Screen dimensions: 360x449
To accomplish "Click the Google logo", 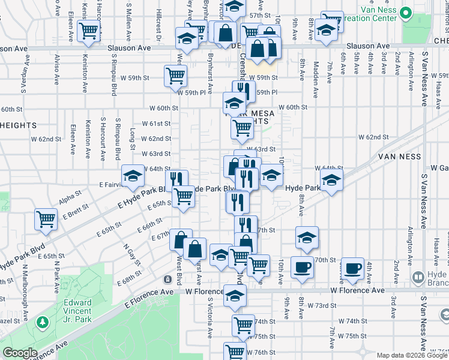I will (20, 353).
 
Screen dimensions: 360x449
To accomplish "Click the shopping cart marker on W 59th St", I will (175, 76).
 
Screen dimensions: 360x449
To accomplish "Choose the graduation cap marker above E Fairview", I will (133, 176).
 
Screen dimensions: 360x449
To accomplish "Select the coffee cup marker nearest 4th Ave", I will (352, 268).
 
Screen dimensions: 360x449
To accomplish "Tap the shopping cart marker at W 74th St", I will (244, 325).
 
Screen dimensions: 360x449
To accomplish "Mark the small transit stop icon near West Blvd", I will (167, 280).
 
